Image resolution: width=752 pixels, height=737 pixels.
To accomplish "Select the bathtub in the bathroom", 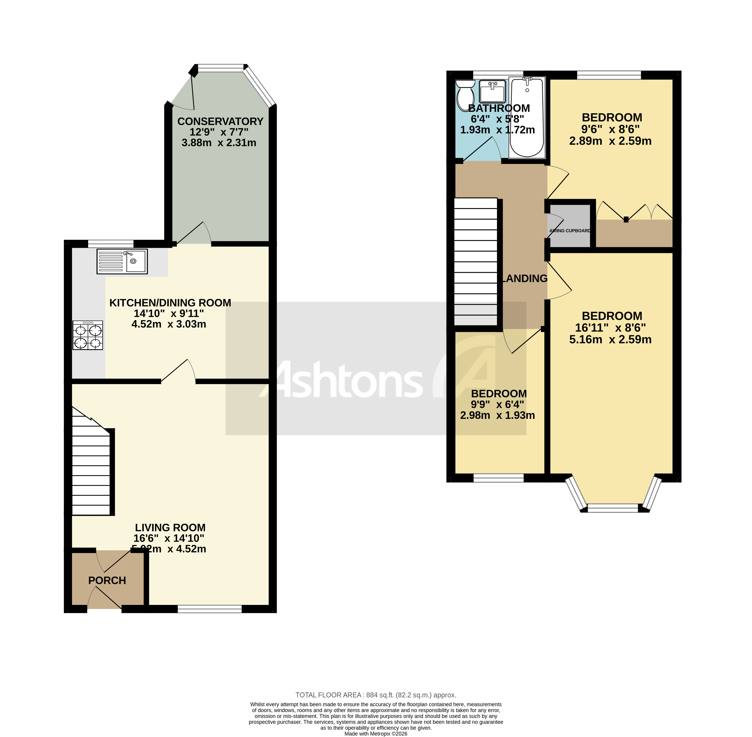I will pos(527,118).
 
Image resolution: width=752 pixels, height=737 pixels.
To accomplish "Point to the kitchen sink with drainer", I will pos(122,261).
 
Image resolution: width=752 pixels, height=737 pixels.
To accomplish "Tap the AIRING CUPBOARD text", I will pos(570,231).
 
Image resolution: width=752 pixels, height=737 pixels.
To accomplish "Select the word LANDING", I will pos(524,278).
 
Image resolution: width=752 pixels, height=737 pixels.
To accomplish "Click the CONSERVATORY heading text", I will pos(220,121).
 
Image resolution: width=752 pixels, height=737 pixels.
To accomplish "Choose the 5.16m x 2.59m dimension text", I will pos(610,340).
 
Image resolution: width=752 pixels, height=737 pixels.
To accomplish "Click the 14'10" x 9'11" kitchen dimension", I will pos(169,313).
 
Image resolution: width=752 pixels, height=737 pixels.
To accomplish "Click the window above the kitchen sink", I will pos(111,243).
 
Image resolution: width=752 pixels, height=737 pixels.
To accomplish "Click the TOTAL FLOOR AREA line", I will pos(375,695).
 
